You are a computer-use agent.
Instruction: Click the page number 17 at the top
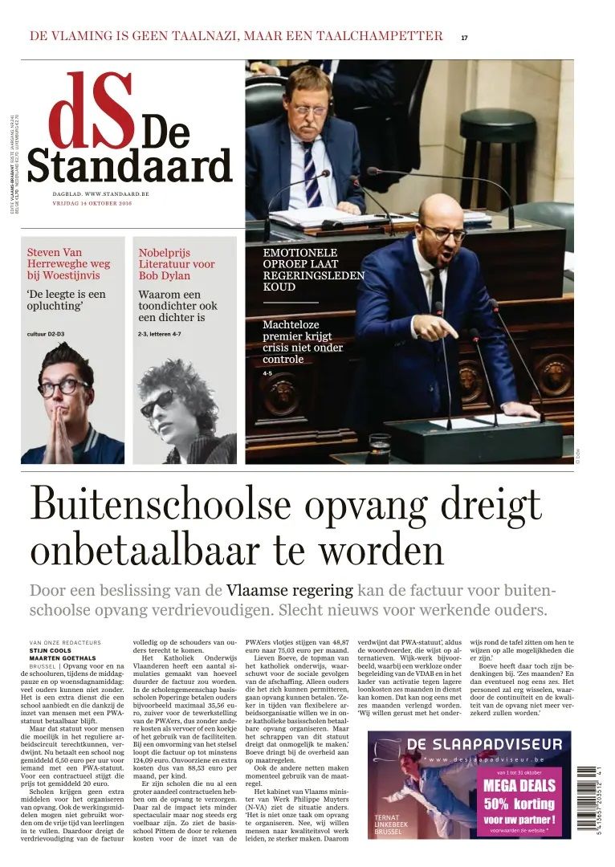(x=464, y=37)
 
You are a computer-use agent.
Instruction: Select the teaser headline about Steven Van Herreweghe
(x=69, y=263)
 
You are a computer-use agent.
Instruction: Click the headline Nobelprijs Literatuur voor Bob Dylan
(x=176, y=263)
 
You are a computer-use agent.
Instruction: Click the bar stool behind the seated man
(x=486, y=144)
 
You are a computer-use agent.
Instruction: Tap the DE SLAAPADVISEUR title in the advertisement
(x=481, y=744)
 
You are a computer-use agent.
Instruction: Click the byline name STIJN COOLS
(x=50, y=650)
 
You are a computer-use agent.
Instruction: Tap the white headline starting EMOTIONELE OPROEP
(x=313, y=269)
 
